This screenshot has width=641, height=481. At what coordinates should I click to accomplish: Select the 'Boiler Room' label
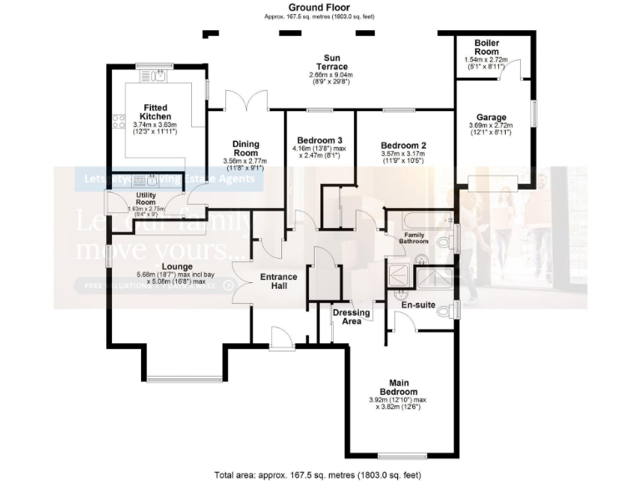click(487, 46)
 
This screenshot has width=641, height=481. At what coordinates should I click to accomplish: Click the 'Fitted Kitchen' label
click(156, 112)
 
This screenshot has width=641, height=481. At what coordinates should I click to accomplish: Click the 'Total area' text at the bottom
click(320, 473)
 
